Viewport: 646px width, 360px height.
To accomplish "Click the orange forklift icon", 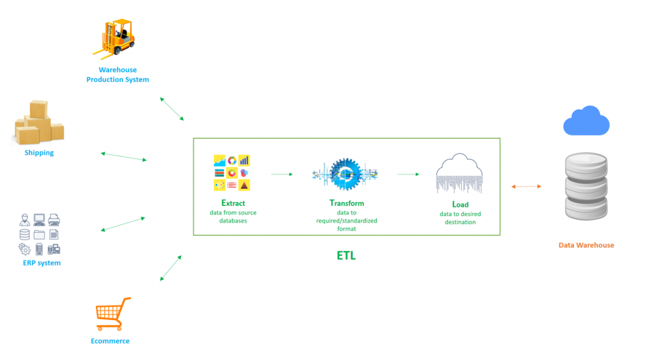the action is coord(114,37).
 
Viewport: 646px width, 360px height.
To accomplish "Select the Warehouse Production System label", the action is coord(117,74).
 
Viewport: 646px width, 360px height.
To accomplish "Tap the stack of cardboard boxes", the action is coord(39,122).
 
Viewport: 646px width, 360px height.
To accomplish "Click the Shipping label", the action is coord(39,153).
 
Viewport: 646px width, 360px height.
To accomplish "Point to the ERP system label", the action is coord(42,263).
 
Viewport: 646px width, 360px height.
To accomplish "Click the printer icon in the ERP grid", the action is coord(54,219).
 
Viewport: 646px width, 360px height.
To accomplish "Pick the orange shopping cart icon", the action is coord(113,314).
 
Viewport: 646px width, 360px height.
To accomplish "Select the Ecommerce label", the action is coord(110,341).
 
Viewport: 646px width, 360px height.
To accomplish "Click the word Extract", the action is coord(233,203).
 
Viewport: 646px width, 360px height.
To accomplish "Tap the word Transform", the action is coord(346,203).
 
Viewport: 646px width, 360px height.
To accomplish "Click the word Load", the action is coord(460,204).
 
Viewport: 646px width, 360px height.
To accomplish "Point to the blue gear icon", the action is coord(345,174).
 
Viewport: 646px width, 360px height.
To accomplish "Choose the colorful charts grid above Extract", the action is coord(232,173).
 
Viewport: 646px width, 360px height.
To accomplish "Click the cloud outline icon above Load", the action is coord(459,173).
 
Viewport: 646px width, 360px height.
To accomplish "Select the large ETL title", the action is coord(346,256).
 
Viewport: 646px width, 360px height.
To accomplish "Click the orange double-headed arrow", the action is coord(526,187).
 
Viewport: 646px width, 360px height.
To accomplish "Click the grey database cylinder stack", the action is coord(586,186).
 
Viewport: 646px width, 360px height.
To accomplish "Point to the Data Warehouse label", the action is coord(586,245).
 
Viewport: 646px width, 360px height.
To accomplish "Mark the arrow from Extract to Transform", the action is coord(282,174).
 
